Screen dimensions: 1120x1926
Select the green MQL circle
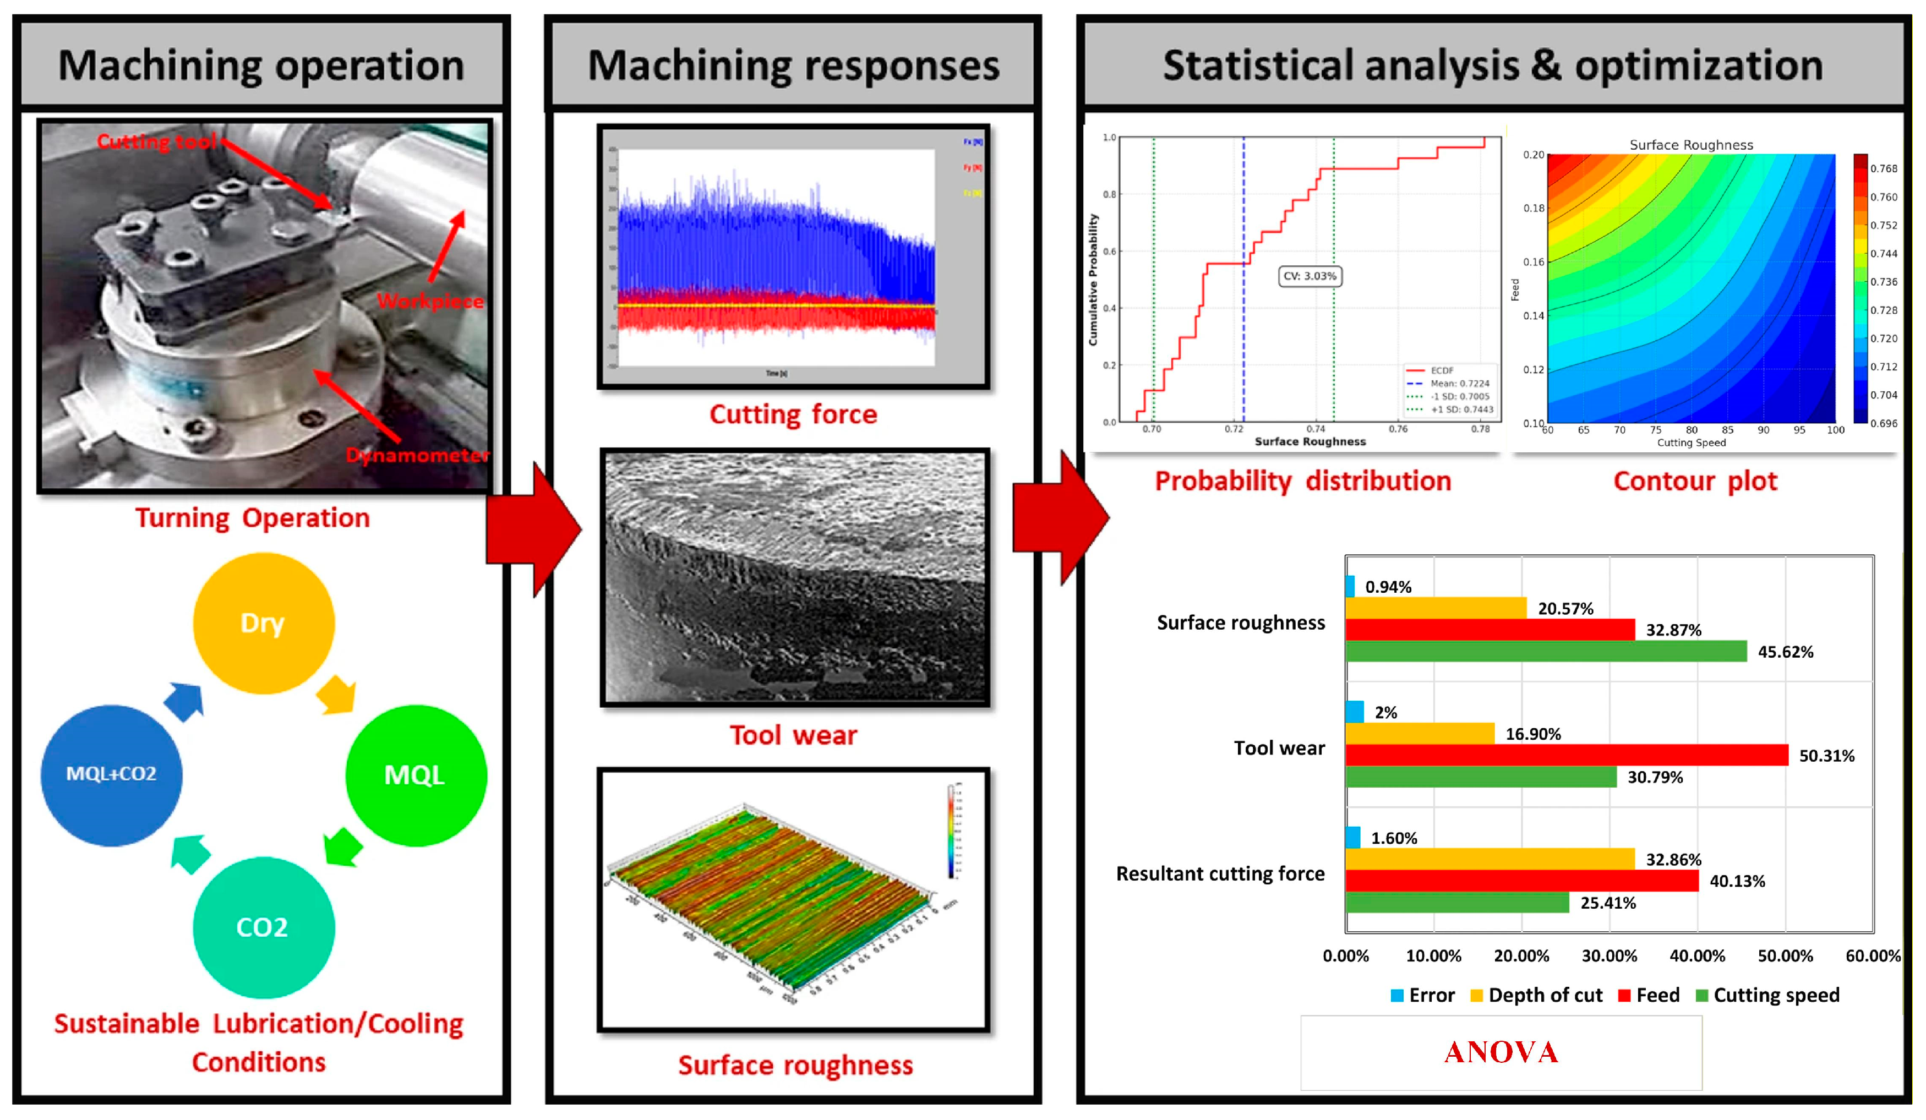coord(416,775)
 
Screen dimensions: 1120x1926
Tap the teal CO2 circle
coord(264,927)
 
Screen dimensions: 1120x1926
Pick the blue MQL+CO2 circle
coord(112,775)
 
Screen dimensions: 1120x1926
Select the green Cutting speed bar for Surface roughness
coord(1546,651)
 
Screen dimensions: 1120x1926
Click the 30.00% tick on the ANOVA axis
coord(1609,956)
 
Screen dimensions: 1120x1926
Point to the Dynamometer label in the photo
coord(417,455)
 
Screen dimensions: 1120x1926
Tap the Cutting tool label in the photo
coord(157,141)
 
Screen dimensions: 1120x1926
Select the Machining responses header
coord(793,65)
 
